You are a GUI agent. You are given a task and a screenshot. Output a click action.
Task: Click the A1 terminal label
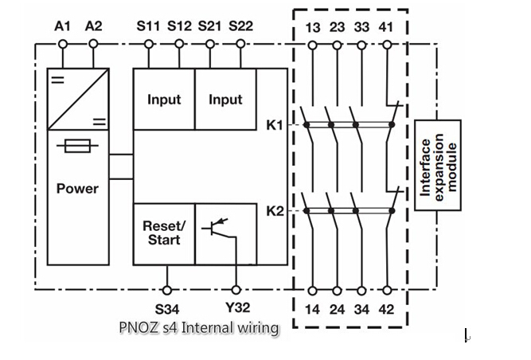(x=62, y=26)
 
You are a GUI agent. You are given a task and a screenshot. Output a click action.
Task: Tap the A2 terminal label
(x=93, y=26)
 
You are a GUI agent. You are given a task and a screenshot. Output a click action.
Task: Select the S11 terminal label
(x=148, y=26)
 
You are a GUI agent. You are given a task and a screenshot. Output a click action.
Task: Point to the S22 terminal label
(x=240, y=26)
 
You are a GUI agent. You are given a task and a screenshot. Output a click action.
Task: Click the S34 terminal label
(x=167, y=307)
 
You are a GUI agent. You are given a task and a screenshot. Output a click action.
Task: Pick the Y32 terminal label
(x=236, y=307)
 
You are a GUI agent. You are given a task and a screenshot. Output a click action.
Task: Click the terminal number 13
(x=313, y=28)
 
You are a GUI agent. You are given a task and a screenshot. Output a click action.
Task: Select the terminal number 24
(x=337, y=307)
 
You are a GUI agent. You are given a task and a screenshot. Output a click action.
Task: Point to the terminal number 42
(x=386, y=307)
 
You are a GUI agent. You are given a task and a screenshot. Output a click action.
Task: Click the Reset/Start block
(x=163, y=233)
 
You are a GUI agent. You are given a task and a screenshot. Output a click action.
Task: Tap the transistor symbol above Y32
(x=225, y=229)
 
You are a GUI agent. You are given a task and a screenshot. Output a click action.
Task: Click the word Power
(x=77, y=189)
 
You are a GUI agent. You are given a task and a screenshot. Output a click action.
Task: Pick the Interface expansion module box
(x=438, y=165)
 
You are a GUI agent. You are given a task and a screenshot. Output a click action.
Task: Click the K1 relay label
(x=273, y=124)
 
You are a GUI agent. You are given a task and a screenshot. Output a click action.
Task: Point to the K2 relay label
(x=273, y=211)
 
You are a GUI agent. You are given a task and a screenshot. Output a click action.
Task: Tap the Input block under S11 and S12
(x=163, y=100)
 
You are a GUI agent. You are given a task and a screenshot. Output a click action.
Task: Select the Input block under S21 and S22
(x=225, y=100)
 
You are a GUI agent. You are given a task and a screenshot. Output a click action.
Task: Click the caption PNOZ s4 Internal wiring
(x=199, y=327)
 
